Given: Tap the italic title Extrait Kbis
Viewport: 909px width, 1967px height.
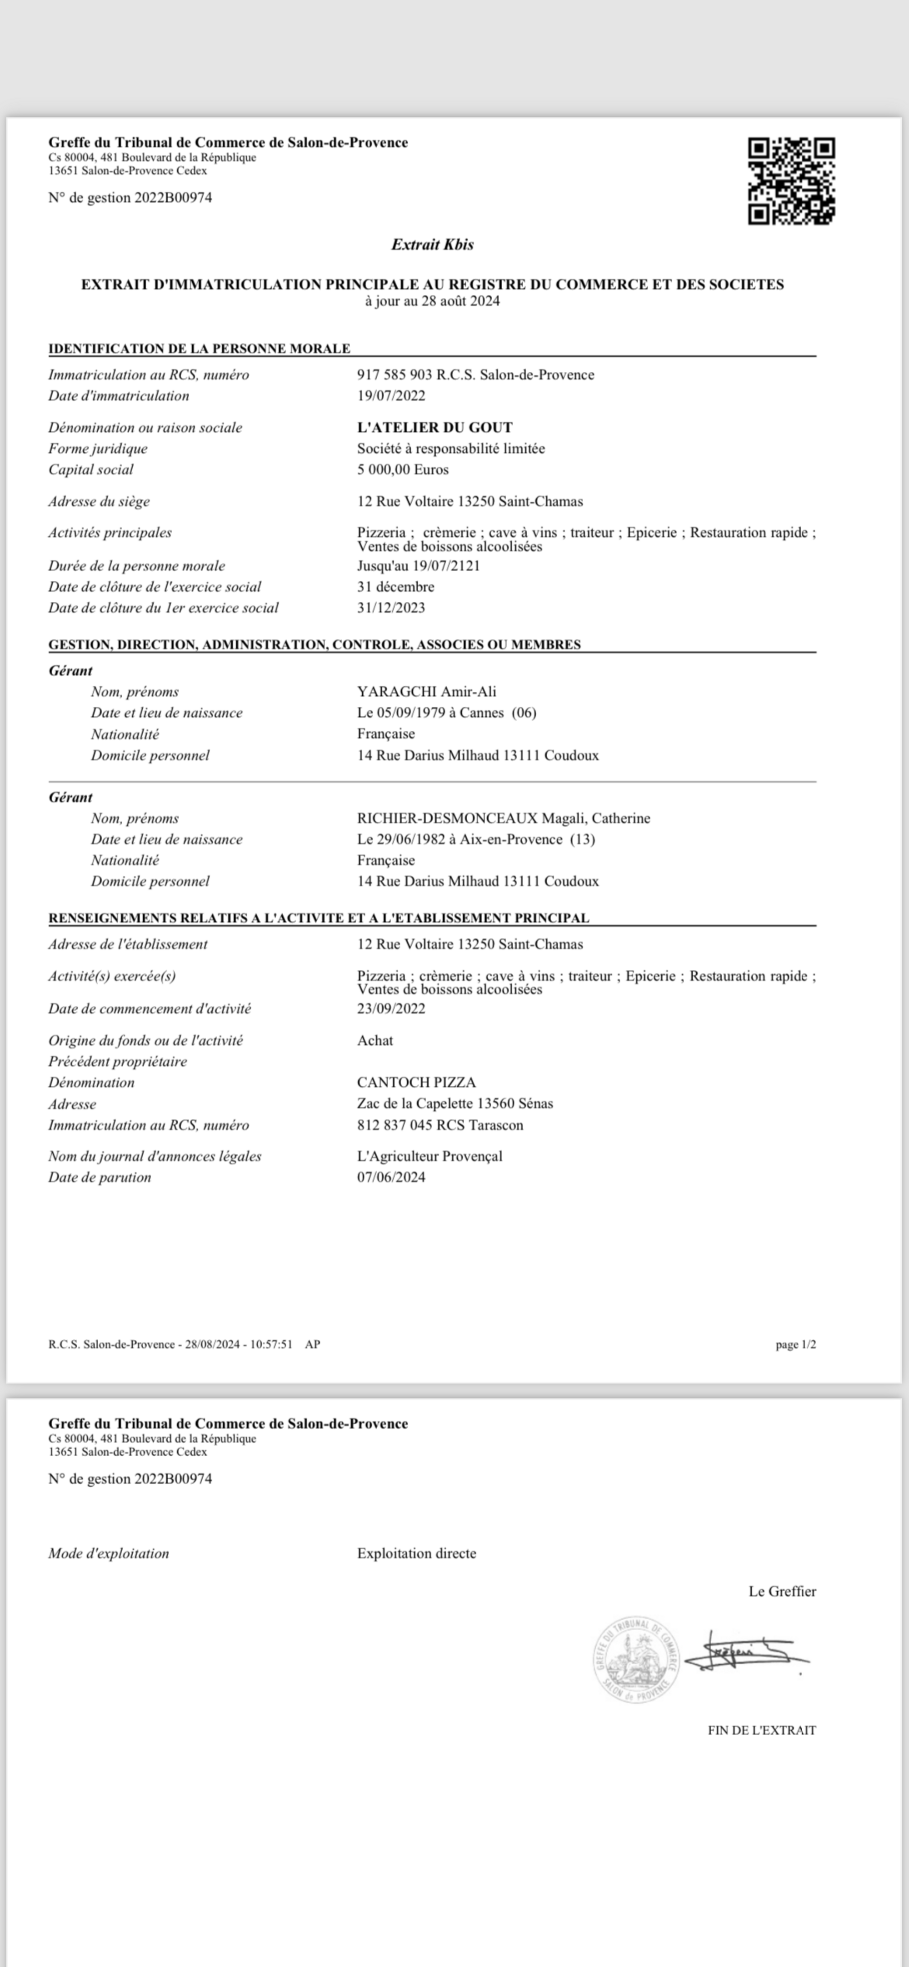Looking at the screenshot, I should click(432, 245).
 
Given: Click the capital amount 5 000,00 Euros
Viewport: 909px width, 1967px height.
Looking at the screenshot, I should click(403, 469).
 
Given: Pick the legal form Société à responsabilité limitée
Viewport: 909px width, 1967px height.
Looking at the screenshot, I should click(451, 448).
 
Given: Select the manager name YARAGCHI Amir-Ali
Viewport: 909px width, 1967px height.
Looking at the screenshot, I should click(426, 692).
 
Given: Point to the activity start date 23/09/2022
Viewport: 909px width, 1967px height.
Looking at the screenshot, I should click(391, 1008).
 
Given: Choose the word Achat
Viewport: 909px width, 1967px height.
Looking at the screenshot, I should click(375, 1040).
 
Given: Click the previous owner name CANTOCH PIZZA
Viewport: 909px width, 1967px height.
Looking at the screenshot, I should click(416, 1082).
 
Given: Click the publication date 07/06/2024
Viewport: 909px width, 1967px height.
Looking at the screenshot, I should click(391, 1177).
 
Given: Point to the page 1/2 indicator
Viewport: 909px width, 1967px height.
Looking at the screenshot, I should click(795, 1344).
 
